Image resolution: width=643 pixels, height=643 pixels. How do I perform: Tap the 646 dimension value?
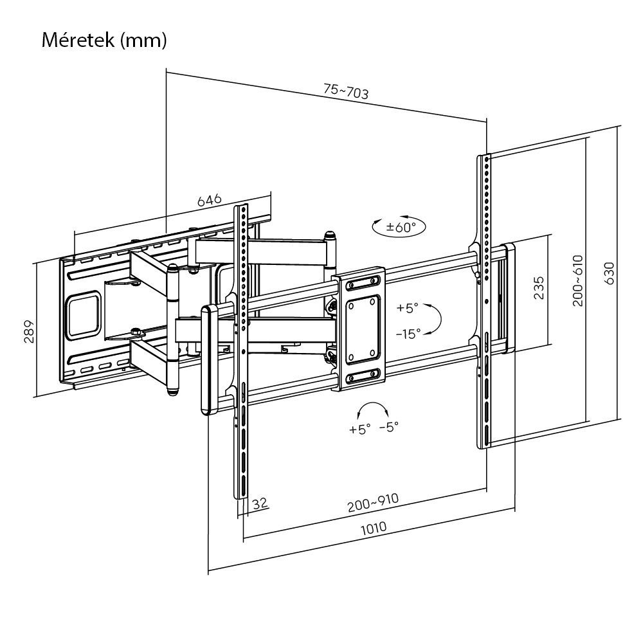(x=209, y=200)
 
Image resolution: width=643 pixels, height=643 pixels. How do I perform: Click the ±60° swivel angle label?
(x=401, y=226)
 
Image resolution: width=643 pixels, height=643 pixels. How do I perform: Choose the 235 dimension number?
(x=539, y=287)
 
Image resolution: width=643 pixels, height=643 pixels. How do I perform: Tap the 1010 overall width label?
(x=373, y=528)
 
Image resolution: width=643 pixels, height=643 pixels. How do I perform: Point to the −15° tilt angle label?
(x=408, y=333)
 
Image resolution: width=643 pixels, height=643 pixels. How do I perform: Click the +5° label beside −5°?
(x=360, y=429)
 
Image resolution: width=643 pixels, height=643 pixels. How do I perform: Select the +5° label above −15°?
(x=408, y=308)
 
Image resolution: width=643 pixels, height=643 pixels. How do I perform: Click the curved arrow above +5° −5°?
(x=373, y=410)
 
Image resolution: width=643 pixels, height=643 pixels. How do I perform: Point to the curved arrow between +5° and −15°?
(x=435, y=320)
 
